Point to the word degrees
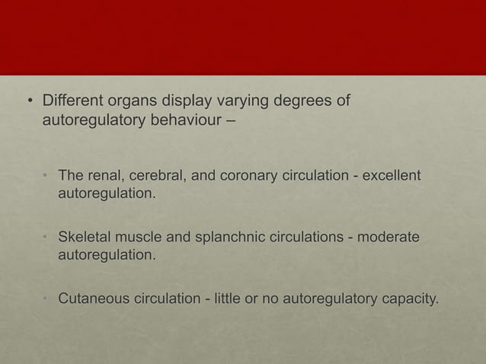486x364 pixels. point(293,101)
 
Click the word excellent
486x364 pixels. point(386,177)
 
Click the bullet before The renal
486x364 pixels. point(46,177)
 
